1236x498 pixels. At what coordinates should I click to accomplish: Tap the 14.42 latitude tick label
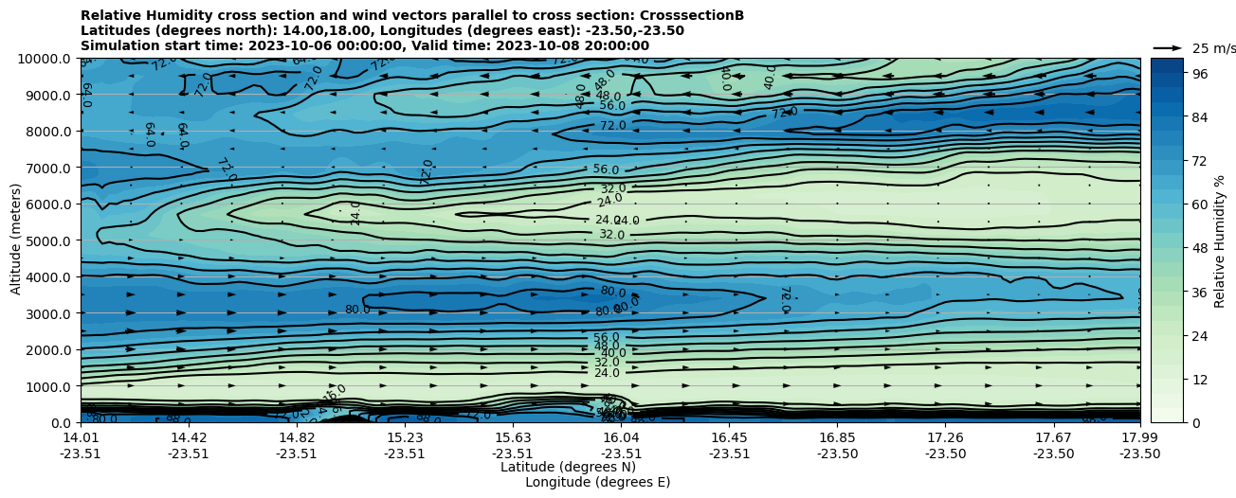coord(189,437)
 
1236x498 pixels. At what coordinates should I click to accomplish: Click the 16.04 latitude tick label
coord(621,437)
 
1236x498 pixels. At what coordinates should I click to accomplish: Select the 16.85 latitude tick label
coord(838,437)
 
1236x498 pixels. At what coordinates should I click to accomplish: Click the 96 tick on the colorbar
coord(1199,73)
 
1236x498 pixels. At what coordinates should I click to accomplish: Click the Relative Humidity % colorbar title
coord(1220,240)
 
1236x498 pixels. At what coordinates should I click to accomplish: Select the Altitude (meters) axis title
coord(16,240)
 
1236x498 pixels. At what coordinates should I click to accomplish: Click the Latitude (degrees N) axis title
coord(568,467)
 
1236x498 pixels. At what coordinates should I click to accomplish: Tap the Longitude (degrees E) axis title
coord(597,482)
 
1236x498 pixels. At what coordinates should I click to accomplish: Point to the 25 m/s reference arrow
coord(1168,48)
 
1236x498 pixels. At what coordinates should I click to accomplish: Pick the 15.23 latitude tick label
coord(405,437)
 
